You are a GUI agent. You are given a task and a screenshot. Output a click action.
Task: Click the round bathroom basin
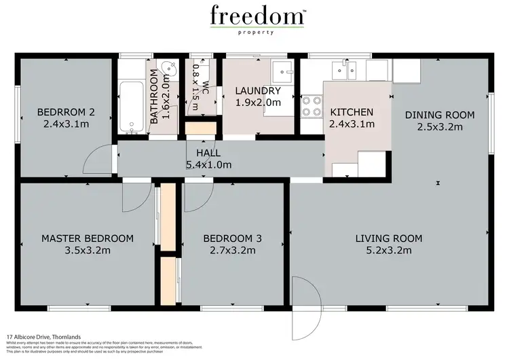tap(169, 69)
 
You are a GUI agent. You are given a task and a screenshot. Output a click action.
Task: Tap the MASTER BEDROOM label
tap(87, 238)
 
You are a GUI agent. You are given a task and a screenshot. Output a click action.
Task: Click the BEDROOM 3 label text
tap(233, 238)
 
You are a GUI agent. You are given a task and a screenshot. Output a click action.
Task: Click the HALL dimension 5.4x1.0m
tap(209, 164)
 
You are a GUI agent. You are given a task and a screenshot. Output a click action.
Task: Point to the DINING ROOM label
tap(439, 114)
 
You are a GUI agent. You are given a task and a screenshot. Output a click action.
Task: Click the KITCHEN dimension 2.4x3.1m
tap(351, 124)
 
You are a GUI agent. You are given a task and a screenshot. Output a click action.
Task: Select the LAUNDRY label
tap(257, 90)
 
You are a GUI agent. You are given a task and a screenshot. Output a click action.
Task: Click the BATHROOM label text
tap(153, 100)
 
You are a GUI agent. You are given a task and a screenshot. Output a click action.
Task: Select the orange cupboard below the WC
tap(200, 129)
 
